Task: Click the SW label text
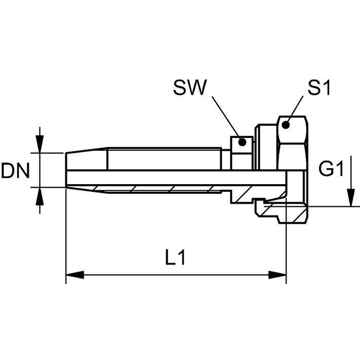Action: [189, 88]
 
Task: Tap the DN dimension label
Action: [16, 171]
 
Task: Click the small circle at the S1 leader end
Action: [286, 123]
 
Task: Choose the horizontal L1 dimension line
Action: [175, 276]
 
